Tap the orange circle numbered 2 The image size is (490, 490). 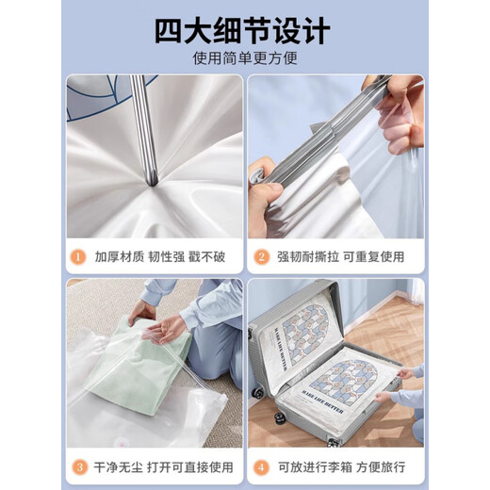point(263,255)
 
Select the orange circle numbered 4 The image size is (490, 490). point(263,465)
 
